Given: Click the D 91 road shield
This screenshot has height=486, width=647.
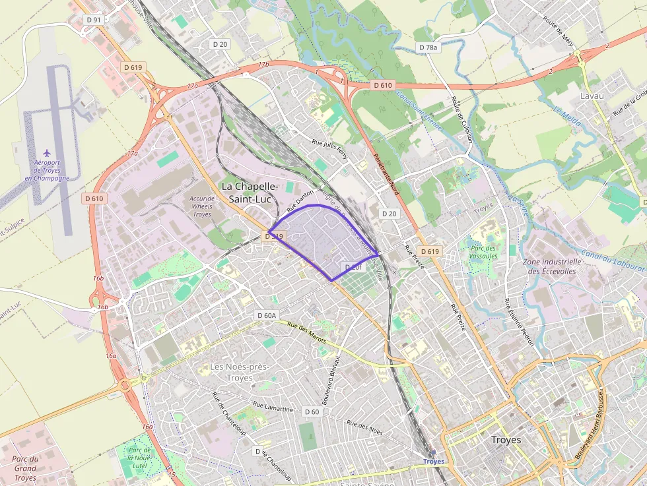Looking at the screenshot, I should tap(94, 20).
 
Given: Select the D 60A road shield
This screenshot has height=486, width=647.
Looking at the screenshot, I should tap(267, 316).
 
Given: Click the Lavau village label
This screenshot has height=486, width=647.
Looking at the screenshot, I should tap(592, 96).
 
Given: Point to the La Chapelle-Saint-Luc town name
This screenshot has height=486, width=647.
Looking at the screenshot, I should tap(250, 192).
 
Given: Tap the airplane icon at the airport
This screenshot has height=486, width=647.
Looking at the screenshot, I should tap(46, 153).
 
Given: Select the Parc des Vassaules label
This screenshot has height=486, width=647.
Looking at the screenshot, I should tap(483, 252).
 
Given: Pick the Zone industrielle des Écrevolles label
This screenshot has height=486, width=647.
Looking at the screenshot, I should tap(549, 266).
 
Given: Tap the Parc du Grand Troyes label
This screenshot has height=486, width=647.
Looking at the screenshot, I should tap(25, 468).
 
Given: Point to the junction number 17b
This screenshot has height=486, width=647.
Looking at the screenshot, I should tap(264, 65).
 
